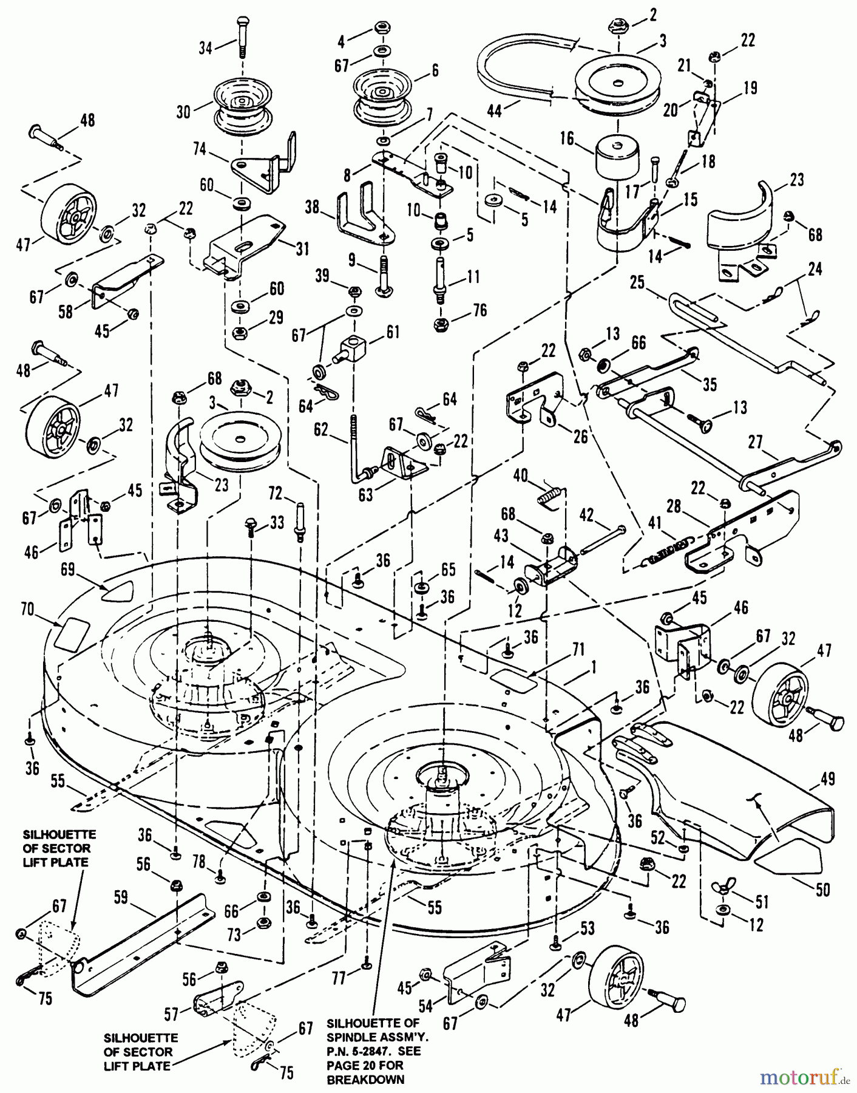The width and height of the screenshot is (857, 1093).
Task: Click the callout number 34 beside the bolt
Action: pyautogui.click(x=206, y=47)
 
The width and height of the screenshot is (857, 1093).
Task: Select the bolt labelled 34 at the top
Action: pyautogui.click(x=242, y=36)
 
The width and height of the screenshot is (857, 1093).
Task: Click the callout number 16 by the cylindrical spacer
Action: pyautogui.click(x=567, y=139)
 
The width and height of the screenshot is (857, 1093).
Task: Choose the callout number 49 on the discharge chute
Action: pyautogui.click(x=828, y=779)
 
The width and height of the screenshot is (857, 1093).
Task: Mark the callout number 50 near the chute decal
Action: pyautogui.click(x=822, y=890)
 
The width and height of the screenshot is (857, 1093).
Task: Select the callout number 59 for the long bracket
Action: pyautogui.click(x=121, y=897)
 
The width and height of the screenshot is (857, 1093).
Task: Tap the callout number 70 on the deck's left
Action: pyautogui.click(x=28, y=609)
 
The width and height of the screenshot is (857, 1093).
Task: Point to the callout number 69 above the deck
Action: pyautogui.click(x=68, y=570)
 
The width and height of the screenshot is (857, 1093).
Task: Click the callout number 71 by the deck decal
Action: pyautogui.click(x=578, y=650)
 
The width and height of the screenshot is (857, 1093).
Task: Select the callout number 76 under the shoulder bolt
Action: pyautogui.click(x=480, y=310)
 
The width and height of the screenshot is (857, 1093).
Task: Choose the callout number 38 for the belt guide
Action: pyautogui.click(x=312, y=208)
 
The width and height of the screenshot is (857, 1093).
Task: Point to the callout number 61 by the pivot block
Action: pyautogui.click(x=393, y=332)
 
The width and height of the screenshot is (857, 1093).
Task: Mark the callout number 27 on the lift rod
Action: pyautogui.click(x=755, y=442)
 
